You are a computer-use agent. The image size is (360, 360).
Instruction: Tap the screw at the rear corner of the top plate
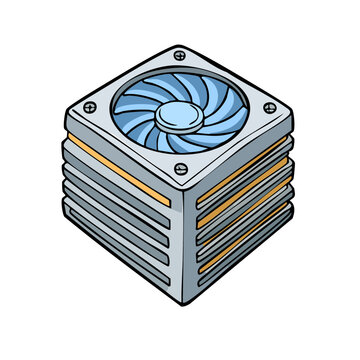(x=179, y=55)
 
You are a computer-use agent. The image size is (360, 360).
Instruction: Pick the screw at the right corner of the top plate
(x=267, y=106)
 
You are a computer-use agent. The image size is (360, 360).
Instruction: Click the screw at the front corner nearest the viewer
(x=179, y=169)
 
